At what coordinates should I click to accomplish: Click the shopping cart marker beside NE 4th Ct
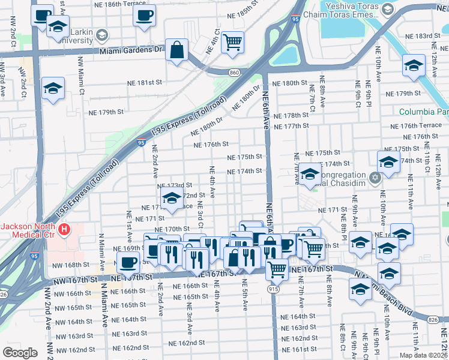232,42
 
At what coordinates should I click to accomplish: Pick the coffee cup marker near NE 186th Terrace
144,16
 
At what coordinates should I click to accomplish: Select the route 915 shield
273,289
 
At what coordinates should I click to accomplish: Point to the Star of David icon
376,178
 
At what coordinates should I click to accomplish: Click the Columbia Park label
424,112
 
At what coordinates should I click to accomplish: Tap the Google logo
20,353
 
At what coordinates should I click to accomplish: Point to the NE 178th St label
290,115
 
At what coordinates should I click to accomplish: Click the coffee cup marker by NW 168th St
127,262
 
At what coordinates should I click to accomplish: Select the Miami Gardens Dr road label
132,50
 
